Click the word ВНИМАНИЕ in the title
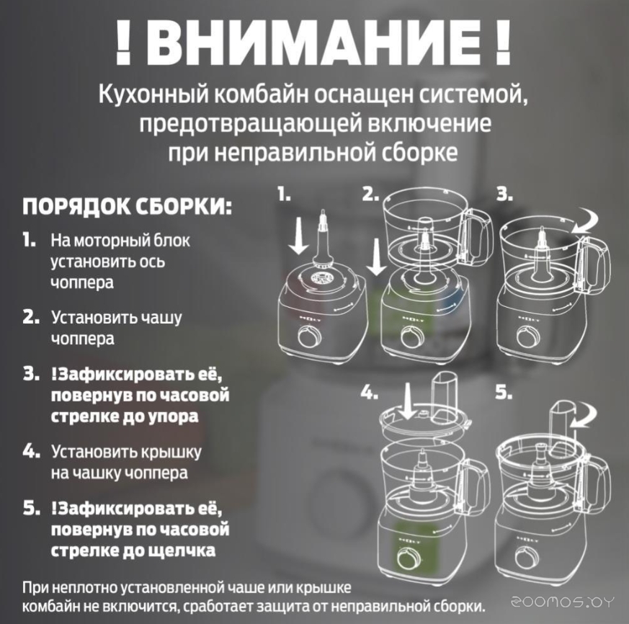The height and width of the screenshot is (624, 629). pyautogui.click(x=313, y=44)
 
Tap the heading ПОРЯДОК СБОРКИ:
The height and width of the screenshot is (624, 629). pyautogui.click(x=127, y=207)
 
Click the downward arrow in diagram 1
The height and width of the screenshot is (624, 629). pyautogui.click(x=298, y=236)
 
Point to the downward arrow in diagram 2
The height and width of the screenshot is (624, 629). pyautogui.click(x=376, y=257)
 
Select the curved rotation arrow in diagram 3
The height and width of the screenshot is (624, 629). pyautogui.click(x=586, y=223)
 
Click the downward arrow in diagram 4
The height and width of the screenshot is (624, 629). pyautogui.click(x=408, y=401)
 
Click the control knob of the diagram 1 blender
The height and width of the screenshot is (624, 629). pyautogui.click(x=310, y=337)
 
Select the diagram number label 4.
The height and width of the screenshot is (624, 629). pyautogui.click(x=370, y=393)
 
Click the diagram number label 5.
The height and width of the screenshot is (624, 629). pyautogui.click(x=504, y=393)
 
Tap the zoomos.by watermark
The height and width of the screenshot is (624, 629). pyautogui.click(x=562, y=602)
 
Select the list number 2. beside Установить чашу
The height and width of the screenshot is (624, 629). pyautogui.click(x=31, y=318)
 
